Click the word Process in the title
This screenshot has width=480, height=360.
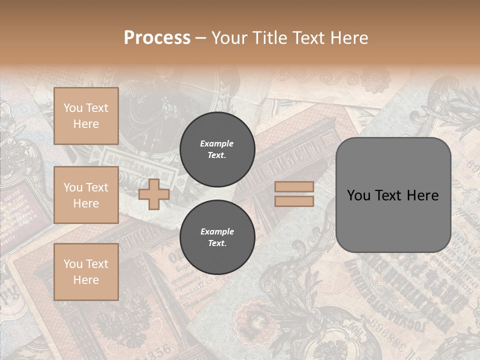(157, 38)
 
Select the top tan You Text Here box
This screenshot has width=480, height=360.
(86, 116)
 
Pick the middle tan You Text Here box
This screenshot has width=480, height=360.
(86, 195)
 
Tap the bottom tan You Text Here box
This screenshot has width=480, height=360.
(86, 272)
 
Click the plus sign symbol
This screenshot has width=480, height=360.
(153, 194)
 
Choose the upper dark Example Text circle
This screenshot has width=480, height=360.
(217, 149)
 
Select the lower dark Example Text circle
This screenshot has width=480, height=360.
(217, 237)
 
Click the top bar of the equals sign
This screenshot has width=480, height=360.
(294, 186)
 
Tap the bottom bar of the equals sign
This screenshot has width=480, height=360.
(294, 201)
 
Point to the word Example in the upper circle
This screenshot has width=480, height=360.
(217, 143)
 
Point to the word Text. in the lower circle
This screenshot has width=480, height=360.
(217, 243)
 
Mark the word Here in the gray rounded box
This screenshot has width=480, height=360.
(423, 195)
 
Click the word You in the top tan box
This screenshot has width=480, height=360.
(73, 108)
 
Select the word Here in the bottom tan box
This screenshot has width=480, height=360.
(86, 280)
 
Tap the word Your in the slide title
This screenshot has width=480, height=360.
(230, 38)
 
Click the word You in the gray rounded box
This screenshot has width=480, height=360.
(358, 195)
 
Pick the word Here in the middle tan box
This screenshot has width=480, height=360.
(86, 203)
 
